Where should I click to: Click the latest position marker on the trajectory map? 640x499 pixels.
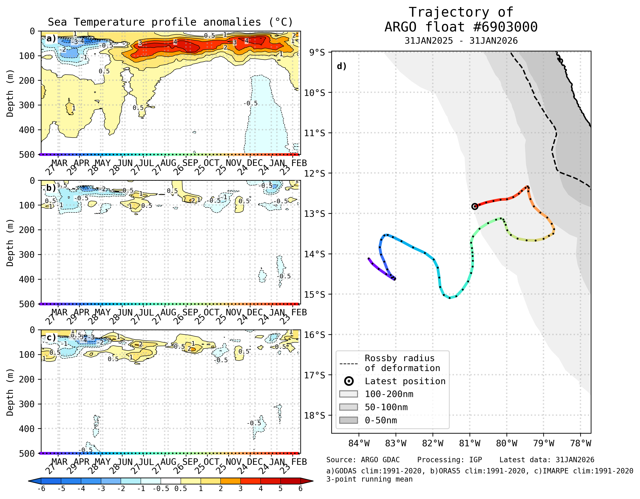475,206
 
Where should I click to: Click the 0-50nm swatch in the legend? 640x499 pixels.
348,420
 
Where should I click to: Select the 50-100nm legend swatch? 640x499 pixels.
348,407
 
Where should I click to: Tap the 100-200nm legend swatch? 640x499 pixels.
348,394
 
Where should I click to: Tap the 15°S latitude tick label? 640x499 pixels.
315,294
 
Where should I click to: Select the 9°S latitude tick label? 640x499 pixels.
317,52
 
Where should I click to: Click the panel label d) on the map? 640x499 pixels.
342,66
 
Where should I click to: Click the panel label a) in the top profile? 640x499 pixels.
51,39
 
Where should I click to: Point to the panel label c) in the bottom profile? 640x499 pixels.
51,337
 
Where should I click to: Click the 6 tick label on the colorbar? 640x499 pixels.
300,489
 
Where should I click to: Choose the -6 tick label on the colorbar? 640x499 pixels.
41,489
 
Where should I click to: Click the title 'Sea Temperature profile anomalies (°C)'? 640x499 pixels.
170,22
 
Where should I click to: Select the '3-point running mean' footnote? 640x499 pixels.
369,479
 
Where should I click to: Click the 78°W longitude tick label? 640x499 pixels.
580,443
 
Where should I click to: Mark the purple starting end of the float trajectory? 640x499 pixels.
369,259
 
